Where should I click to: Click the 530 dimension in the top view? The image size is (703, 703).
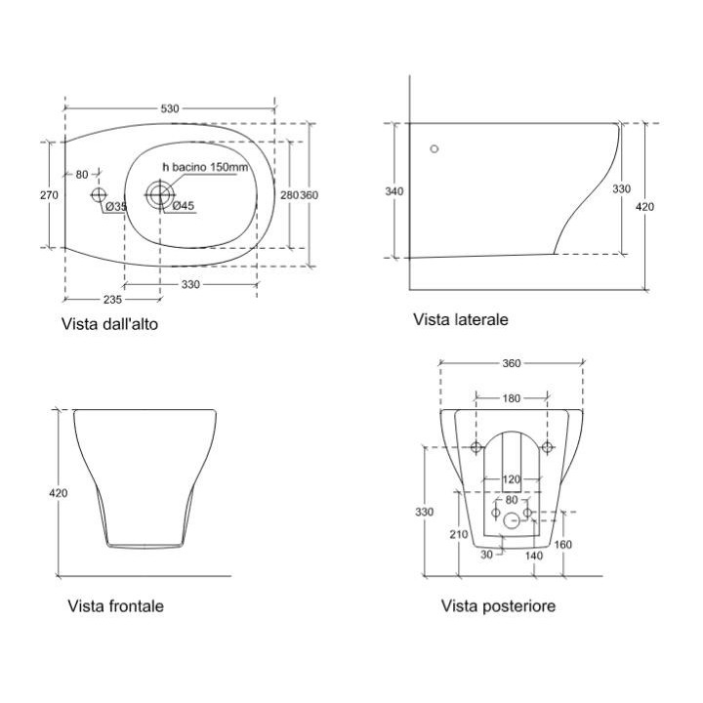[x=170, y=108]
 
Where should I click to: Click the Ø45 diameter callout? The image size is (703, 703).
[x=183, y=206]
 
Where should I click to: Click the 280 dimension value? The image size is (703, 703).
[x=289, y=195]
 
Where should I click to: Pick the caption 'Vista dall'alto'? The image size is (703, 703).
[x=108, y=324]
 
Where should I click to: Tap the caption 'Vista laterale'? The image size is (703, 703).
[x=460, y=319]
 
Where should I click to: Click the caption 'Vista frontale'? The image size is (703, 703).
[x=115, y=606]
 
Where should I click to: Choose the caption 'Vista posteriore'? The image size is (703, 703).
[x=498, y=606]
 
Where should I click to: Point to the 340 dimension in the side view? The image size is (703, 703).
[x=394, y=191]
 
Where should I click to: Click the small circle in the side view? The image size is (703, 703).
[x=434, y=149]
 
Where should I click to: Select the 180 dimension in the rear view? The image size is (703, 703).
[x=512, y=398]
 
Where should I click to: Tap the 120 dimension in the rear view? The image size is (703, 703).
[x=512, y=479]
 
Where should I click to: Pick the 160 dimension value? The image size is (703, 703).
[x=563, y=544]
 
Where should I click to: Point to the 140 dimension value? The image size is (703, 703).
[x=533, y=555]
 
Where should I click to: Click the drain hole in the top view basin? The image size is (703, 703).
[x=159, y=194]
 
